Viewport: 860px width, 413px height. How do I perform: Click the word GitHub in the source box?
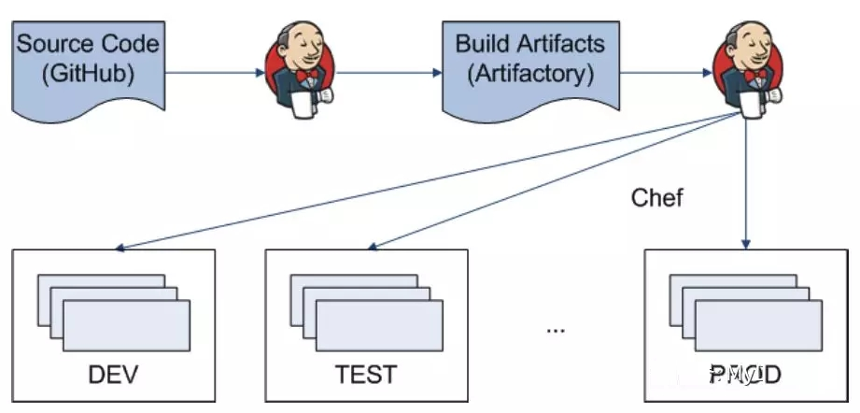(x=89, y=72)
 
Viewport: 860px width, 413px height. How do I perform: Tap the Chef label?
(x=656, y=197)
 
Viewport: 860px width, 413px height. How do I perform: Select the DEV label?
(x=113, y=376)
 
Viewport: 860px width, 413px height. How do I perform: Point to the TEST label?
(x=365, y=376)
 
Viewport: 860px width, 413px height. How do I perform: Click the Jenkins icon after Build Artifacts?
(x=747, y=65)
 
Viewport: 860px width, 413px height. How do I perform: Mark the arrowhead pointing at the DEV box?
(x=119, y=249)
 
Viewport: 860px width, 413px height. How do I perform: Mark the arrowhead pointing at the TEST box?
(x=371, y=248)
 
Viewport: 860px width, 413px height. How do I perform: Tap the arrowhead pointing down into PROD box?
(x=746, y=245)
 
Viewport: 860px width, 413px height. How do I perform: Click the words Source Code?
(x=89, y=44)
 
